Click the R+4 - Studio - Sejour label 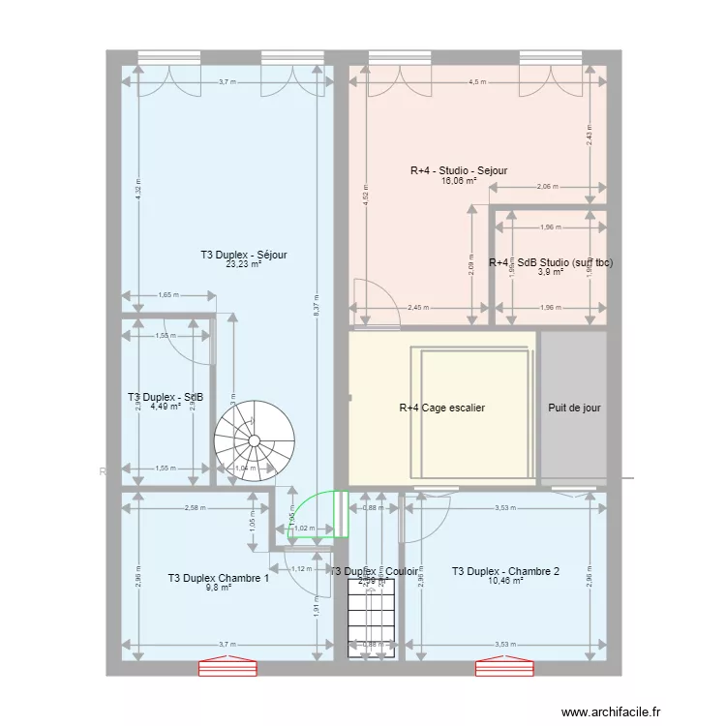click(x=459, y=170)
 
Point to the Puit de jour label click(x=574, y=408)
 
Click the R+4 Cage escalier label click(x=441, y=408)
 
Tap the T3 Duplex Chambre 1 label click(x=218, y=578)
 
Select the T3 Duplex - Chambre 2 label click(x=505, y=571)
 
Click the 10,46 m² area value click(x=505, y=581)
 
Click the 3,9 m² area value click(x=550, y=272)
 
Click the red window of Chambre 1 click(x=228, y=667)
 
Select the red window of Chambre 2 click(x=502, y=667)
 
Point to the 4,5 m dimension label click(x=478, y=82)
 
